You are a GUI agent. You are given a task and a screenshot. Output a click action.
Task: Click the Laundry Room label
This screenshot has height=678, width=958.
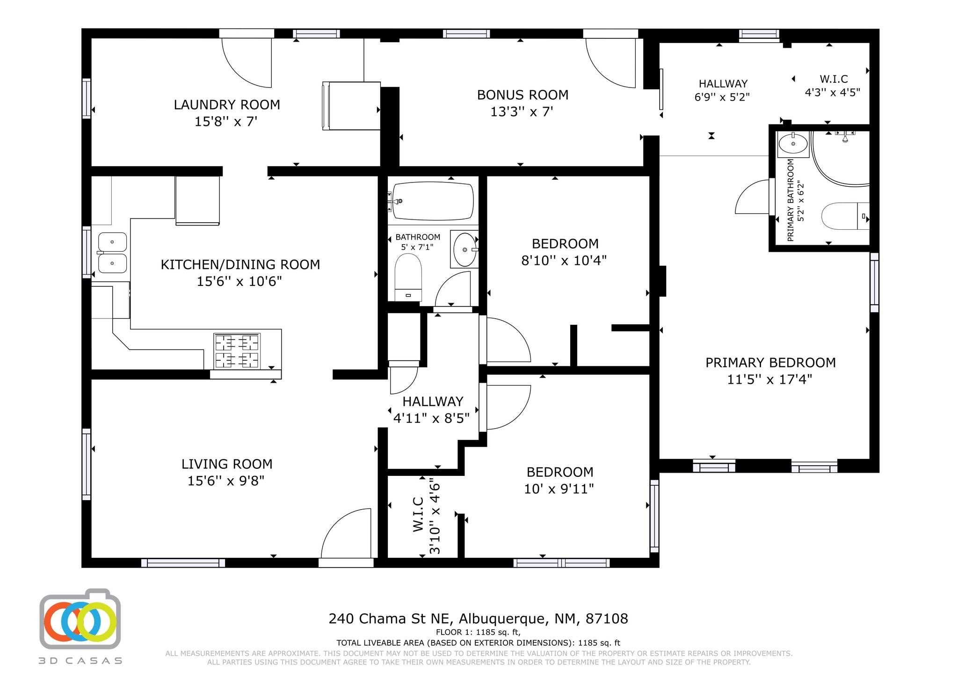(227, 105)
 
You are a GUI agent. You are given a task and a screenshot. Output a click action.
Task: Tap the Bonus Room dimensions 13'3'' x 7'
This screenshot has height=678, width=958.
(522, 112)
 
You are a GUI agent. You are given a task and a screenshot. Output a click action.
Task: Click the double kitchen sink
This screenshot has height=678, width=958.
(112, 253)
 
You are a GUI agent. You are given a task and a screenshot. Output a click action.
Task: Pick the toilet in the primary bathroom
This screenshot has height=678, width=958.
(845, 216)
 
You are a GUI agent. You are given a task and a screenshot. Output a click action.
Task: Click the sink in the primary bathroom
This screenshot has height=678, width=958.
(793, 144)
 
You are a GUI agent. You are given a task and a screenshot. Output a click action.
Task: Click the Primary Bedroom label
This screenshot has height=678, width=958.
(770, 363)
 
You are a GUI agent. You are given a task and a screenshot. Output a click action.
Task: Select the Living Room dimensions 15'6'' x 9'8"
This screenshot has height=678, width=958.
(226, 481)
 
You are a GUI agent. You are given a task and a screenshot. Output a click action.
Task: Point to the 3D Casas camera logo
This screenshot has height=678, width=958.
(80, 619)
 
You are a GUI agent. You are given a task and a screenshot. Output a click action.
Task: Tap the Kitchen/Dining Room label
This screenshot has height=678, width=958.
(240, 265)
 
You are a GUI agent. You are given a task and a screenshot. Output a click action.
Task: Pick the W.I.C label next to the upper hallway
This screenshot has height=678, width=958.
(834, 79)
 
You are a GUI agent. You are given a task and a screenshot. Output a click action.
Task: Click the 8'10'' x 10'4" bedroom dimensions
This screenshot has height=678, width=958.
(564, 261)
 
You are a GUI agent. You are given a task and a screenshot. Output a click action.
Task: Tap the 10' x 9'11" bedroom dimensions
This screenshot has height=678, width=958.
(559, 489)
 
